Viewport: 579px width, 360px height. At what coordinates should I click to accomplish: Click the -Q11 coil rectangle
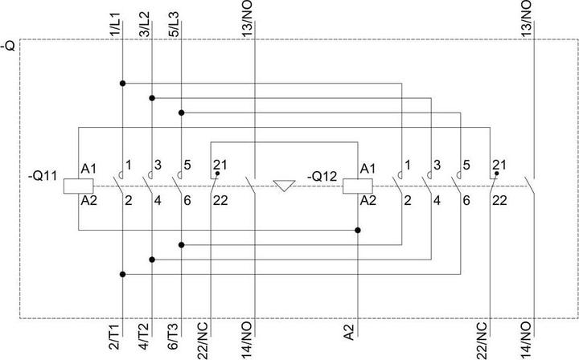tap(78, 186)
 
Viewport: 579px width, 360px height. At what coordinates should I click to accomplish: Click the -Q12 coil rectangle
tap(357, 186)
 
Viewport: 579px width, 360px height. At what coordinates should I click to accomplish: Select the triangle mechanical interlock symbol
tap(284, 186)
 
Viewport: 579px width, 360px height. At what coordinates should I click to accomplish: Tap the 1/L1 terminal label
tap(115, 24)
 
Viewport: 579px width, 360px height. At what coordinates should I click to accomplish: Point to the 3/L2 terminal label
tap(145, 24)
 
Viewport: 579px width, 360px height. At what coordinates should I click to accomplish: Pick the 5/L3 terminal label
tap(174, 24)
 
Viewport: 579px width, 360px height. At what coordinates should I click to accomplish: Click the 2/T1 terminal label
tap(115, 337)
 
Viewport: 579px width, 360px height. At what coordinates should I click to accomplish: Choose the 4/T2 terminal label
tap(145, 337)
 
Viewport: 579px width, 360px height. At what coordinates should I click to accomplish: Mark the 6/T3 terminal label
tap(174, 337)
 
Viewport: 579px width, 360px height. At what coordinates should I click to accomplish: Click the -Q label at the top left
tap(8, 47)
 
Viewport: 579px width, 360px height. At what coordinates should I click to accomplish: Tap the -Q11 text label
tap(43, 176)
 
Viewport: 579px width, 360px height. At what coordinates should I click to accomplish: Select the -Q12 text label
tap(322, 176)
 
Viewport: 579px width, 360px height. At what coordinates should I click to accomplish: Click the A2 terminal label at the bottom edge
tap(349, 332)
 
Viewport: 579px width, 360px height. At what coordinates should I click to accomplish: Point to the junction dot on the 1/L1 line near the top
tap(122, 84)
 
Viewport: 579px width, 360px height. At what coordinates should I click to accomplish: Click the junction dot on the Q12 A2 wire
tap(357, 230)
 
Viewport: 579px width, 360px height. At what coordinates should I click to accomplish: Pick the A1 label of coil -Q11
tap(88, 169)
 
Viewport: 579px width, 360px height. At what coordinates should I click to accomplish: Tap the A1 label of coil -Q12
tap(368, 169)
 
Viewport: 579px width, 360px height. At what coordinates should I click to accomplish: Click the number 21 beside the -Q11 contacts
tap(220, 165)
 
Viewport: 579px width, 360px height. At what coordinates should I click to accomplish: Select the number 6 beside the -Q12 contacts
tap(466, 201)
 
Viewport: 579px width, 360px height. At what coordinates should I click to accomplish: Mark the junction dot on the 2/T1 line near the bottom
tap(122, 275)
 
